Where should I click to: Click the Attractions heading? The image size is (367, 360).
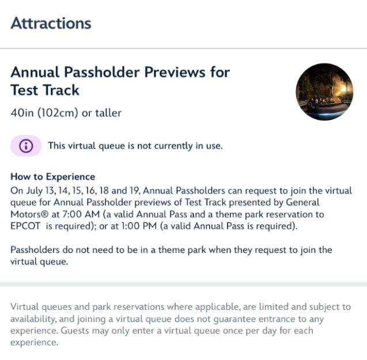51,24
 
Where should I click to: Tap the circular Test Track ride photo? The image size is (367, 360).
324,92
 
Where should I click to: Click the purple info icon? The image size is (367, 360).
26,146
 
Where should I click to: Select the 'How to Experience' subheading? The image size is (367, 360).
52,177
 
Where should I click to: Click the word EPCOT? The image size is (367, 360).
25,226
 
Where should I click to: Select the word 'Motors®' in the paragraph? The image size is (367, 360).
29,214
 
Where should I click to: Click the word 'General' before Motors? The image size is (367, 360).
302,203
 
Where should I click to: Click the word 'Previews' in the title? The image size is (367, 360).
175,72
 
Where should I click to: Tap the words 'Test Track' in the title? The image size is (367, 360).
45,90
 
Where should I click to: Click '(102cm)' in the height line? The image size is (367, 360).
58,113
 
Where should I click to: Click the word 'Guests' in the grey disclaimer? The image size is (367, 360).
75,331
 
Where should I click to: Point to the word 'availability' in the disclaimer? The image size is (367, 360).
33,319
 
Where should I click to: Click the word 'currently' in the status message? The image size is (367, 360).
173,146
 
